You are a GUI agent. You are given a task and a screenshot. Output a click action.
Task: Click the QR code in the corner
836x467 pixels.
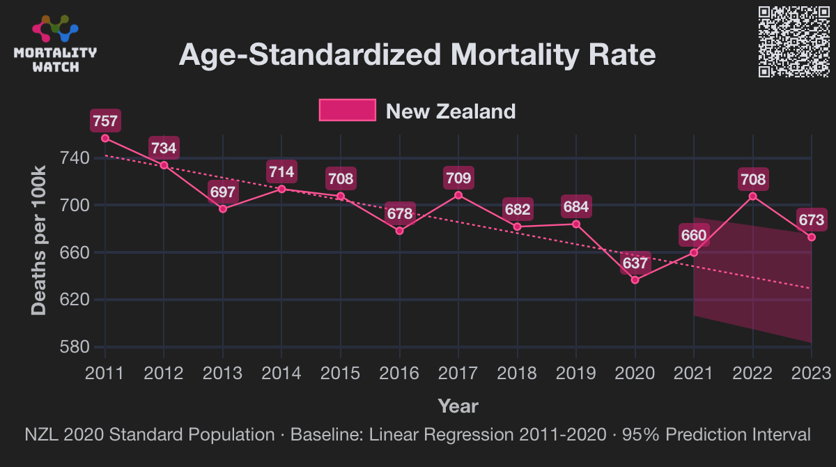(793, 41)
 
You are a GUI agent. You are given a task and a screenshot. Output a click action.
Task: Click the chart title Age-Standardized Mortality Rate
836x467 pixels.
(417, 54)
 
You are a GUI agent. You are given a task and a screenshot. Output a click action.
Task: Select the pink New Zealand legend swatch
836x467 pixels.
(347, 111)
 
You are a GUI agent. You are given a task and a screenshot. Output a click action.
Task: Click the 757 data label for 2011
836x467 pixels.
(105, 121)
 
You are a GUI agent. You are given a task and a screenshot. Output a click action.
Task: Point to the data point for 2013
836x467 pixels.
(223, 208)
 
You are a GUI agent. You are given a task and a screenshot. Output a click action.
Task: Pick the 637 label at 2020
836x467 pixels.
(635, 263)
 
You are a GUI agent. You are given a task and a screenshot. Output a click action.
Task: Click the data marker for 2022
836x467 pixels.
(753, 196)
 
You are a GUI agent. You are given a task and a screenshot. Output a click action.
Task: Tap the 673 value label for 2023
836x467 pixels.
(812, 221)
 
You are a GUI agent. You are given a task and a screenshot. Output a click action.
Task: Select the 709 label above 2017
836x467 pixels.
(458, 178)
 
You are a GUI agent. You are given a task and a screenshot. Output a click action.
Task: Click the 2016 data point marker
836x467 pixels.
(400, 231)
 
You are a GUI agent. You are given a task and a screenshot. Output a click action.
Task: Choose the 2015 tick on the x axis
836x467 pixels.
(341, 374)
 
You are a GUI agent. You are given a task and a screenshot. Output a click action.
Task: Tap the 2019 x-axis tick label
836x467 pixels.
(576, 374)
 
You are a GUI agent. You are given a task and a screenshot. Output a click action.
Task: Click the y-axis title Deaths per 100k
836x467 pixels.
(40, 241)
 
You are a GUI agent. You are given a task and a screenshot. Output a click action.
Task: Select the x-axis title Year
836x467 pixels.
(458, 406)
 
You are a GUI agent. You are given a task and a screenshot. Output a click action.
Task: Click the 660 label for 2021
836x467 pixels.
(694, 236)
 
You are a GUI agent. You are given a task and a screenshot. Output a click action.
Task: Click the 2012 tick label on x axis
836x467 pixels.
(164, 374)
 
